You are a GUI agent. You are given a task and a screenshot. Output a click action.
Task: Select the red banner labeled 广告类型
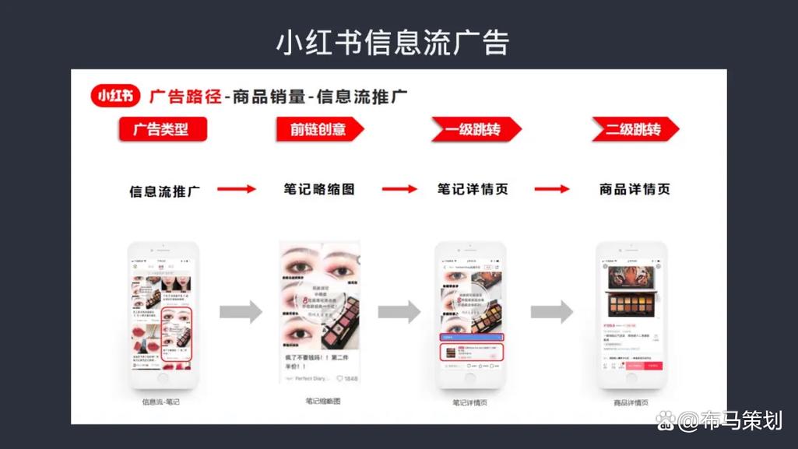pyautogui.click(x=162, y=129)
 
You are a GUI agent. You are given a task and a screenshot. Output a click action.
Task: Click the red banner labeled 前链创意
pyautogui.click(x=318, y=129)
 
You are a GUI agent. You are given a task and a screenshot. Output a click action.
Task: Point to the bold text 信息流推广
pyautogui.click(x=163, y=191)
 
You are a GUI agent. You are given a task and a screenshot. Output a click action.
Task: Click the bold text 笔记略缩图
pyautogui.click(x=319, y=189)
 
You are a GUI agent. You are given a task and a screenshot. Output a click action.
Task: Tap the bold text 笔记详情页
pyautogui.click(x=473, y=189)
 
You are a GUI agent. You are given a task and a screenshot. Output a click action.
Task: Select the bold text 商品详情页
pyautogui.click(x=635, y=189)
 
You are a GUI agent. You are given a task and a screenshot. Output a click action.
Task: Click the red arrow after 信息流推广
pyautogui.click(x=237, y=189)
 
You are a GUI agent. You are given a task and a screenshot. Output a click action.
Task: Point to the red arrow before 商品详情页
pyautogui.click(x=552, y=189)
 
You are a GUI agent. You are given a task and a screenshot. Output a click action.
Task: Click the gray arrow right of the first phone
pyautogui.click(x=241, y=312)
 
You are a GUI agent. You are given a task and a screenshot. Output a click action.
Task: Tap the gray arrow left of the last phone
pyautogui.click(x=552, y=312)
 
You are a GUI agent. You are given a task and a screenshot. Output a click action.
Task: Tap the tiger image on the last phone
pyautogui.click(x=631, y=278)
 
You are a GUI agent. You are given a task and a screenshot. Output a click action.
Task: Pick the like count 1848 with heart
pyautogui.click(x=346, y=378)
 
